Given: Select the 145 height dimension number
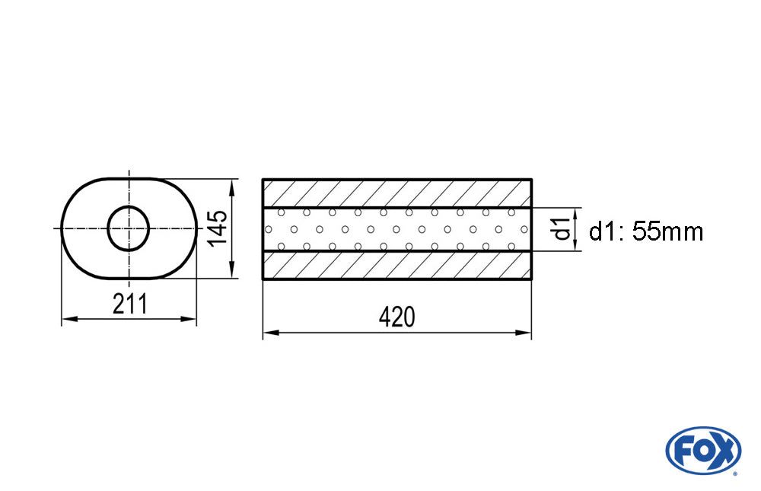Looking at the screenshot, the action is pos(218,228).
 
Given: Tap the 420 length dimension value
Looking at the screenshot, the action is pos(397,317).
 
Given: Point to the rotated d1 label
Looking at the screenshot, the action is pos(562,228).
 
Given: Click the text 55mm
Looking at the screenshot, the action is pos(668,231).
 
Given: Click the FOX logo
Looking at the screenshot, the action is pos(702,450).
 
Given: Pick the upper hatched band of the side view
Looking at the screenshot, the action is pos(397,194).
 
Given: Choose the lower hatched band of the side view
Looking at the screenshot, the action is pos(397,265).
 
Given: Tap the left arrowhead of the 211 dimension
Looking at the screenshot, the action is pos(69,319).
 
